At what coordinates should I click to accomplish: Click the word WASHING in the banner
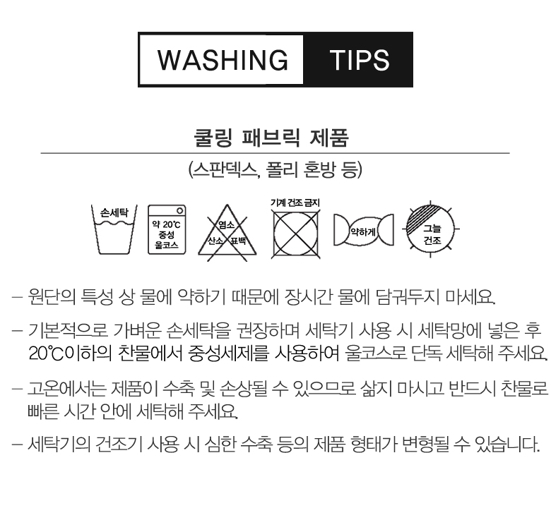(223, 60)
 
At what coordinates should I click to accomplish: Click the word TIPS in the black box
(360, 60)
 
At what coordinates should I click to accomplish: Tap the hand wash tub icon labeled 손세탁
(114, 229)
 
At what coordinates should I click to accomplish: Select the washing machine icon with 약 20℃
(167, 229)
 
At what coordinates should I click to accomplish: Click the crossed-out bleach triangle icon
(227, 232)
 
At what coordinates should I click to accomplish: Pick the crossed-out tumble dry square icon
(295, 234)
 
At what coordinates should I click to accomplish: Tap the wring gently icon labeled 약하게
(364, 230)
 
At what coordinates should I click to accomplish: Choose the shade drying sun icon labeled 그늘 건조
(430, 229)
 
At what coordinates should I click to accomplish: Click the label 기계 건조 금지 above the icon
(295, 202)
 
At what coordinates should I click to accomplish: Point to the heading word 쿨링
(213, 138)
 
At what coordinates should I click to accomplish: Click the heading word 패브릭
(271, 138)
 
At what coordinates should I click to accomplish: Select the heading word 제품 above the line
(329, 138)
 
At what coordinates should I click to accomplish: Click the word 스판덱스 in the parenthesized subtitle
(225, 170)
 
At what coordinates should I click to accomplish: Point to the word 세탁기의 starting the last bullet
(59, 444)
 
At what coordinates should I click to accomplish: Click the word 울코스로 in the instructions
(376, 353)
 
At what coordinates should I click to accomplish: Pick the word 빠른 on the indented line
(43, 411)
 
